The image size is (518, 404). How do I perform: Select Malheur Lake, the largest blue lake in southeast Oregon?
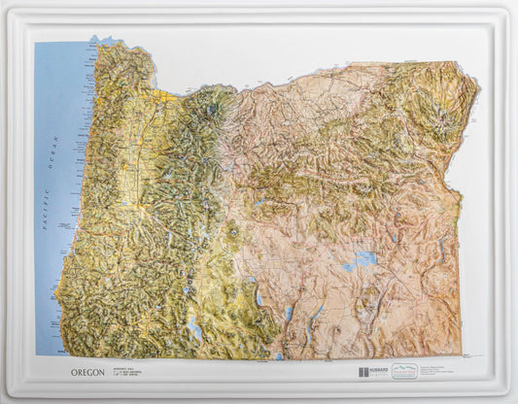(x=364, y=258)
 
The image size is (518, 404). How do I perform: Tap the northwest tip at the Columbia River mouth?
(x=94, y=43)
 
